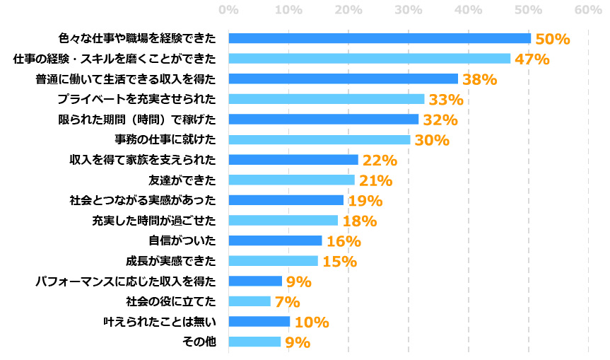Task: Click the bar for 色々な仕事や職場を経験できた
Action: click(380, 38)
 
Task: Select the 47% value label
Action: click(532, 59)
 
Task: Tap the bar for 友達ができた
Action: click(291, 180)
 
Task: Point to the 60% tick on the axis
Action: click(587, 11)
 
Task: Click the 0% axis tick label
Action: click(228, 11)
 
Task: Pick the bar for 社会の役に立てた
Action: click(250, 301)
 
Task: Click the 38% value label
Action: click(479, 79)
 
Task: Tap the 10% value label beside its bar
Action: click(312, 323)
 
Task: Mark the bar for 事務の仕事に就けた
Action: click(319, 139)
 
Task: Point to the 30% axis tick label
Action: click(408, 11)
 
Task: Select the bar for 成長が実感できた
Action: click(273, 261)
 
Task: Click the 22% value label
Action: click(380, 161)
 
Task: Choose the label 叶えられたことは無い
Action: click(159, 322)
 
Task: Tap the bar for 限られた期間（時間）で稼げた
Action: click(324, 119)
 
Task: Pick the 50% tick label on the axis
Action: click(528, 11)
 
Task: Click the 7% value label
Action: click(287, 302)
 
